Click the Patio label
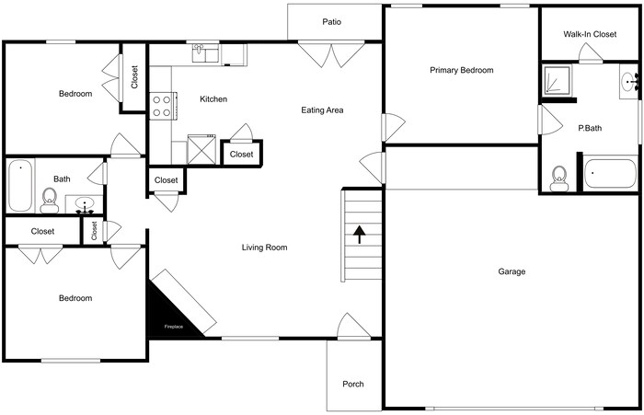[332, 22]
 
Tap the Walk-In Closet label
[590, 34]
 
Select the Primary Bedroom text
[461, 71]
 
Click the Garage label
[512, 271]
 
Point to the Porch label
[353, 384]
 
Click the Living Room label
[265, 247]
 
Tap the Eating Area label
[322, 110]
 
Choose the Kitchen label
[213, 99]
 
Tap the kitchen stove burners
[162, 105]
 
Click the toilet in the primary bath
[558, 176]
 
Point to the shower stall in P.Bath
[556, 82]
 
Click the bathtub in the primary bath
[610, 174]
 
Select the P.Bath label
[590, 129]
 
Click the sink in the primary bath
[631, 82]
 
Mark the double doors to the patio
[332, 55]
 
